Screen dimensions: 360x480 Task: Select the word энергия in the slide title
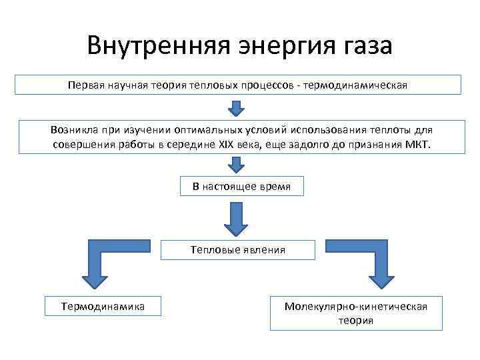(275, 46)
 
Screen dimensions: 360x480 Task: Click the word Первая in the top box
(85, 85)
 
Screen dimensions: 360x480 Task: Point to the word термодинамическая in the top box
(354, 85)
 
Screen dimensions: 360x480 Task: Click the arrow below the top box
(237, 107)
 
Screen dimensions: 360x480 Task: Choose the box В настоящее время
(241, 187)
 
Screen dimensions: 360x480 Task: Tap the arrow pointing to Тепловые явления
(237, 218)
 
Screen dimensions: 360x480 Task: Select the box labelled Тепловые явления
(237, 250)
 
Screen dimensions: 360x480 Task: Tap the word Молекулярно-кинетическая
(355, 306)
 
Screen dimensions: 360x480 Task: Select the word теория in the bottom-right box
(355, 321)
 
